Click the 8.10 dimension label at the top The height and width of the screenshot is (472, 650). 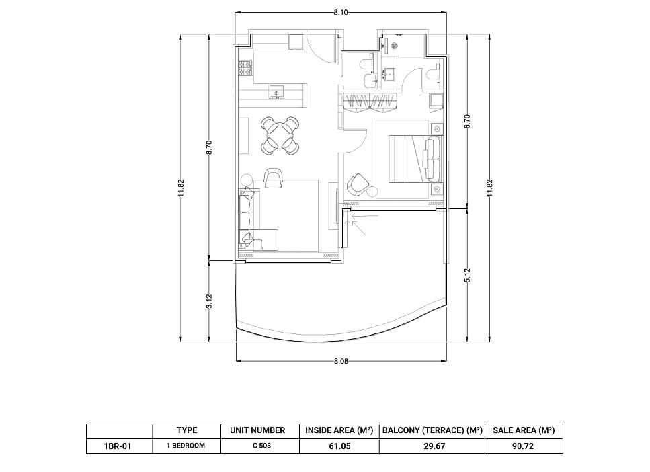341,13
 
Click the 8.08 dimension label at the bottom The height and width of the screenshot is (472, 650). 341,361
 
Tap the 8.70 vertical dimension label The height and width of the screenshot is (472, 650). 209,147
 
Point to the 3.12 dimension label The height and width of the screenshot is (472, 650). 209,301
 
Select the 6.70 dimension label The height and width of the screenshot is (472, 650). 468,121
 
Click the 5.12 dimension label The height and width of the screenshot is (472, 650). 468,275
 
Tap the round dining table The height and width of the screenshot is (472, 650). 280,135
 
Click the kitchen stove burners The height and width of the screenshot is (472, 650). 245,68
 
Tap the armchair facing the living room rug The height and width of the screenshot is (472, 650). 273,178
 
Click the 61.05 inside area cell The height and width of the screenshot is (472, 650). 339,446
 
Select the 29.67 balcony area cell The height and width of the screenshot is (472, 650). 434,446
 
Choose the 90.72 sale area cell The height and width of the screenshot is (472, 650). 523,446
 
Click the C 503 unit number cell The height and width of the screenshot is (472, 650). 261,446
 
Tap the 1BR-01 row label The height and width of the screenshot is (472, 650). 118,446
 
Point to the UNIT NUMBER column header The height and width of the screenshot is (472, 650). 257,430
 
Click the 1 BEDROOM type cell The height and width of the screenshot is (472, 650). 186,446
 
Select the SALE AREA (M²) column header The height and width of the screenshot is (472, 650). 524,430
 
